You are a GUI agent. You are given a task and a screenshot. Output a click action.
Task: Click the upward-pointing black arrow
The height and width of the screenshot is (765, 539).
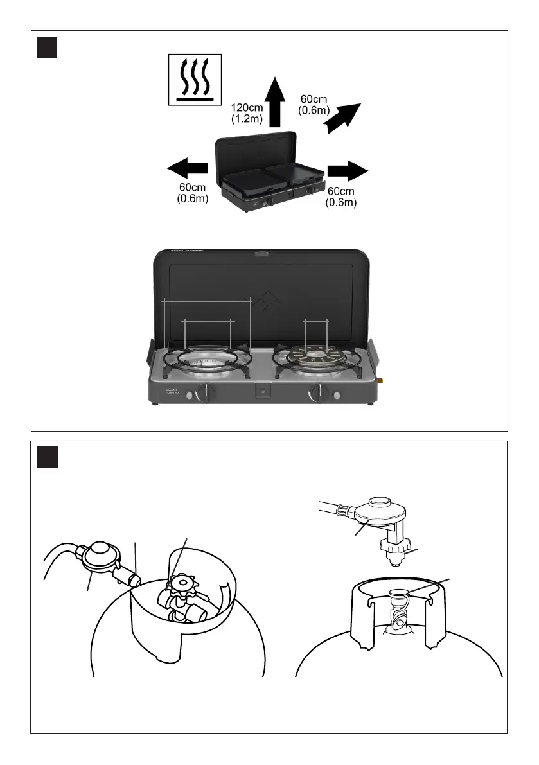[x=276, y=101]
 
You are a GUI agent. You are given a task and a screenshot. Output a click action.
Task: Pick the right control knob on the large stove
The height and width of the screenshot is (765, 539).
[x=317, y=391]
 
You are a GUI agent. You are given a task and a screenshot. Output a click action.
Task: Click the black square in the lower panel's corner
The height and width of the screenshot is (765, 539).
[x=48, y=457]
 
